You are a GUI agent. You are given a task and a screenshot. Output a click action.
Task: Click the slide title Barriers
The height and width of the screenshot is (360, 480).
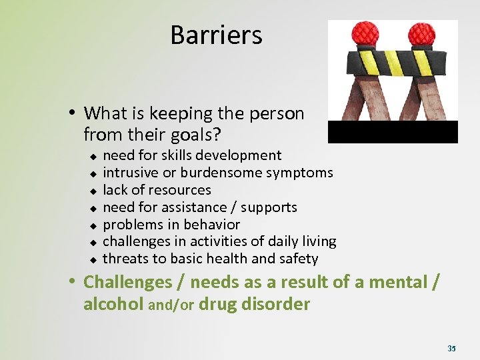pos(216,35)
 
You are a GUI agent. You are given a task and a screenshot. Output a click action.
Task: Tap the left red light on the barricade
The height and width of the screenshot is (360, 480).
pos(366,33)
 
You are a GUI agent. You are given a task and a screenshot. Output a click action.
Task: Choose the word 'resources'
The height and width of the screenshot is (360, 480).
pos(178,190)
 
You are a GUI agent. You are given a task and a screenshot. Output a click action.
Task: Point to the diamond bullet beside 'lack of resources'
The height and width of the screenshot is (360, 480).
pos(93,191)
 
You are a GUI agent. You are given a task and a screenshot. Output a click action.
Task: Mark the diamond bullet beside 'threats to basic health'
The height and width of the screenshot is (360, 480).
pos(93,259)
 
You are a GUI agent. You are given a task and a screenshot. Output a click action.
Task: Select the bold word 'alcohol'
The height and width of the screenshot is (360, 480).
pos(113,304)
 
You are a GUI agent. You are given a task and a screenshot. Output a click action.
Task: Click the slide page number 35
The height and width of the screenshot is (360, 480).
pos(451,348)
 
